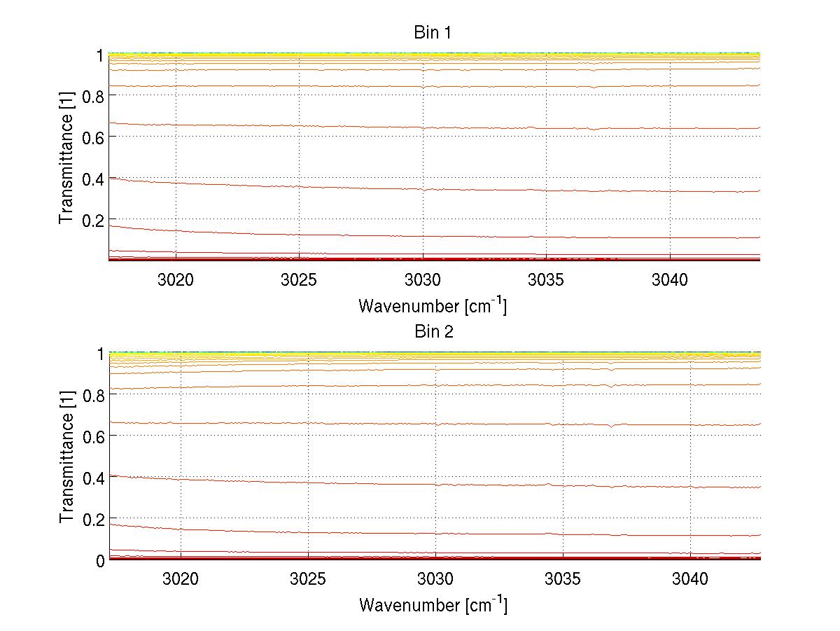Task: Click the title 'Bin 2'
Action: pyautogui.click(x=433, y=332)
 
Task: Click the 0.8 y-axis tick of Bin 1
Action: pyautogui.click(x=93, y=96)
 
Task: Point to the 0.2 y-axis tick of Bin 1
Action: pyautogui.click(x=93, y=220)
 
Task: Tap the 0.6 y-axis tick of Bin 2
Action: pyautogui.click(x=94, y=436)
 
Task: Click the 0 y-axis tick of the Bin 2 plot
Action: pyautogui.click(x=100, y=560)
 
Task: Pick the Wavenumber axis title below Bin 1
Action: pyautogui.click(x=433, y=305)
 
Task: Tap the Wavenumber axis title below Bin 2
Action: pyautogui.click(x=433, y=604)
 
